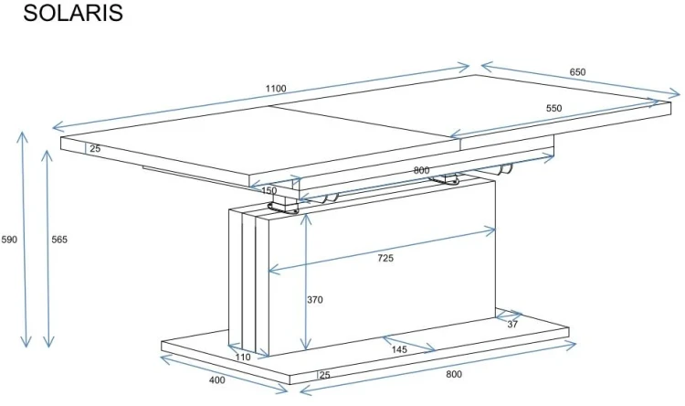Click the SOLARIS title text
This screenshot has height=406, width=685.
tap(73, 13)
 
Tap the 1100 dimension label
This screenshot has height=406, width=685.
tap(276, 89)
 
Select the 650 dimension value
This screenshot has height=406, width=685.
tap(577, 72)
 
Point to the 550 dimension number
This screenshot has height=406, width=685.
tap(554, 108)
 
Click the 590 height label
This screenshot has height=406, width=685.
tap(9, 240)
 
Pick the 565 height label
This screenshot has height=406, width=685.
tap(59, 240)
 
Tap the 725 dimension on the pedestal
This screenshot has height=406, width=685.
tap(385, 258)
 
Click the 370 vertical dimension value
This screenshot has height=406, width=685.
tap(314, 300)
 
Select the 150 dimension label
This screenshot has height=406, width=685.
tap(269, 191)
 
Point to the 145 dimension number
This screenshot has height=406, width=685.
tap(399, 349)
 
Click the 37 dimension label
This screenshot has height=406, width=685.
tap(512, 325)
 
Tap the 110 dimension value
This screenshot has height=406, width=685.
tap(243, 357)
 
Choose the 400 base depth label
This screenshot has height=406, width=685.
tap(217, 379)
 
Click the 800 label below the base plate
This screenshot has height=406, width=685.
tap(454, 374)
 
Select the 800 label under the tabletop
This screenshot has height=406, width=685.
tap(421, 170)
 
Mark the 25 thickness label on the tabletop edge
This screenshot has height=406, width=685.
tap(95, 148)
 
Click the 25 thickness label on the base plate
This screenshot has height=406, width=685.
tap(324, 375)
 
